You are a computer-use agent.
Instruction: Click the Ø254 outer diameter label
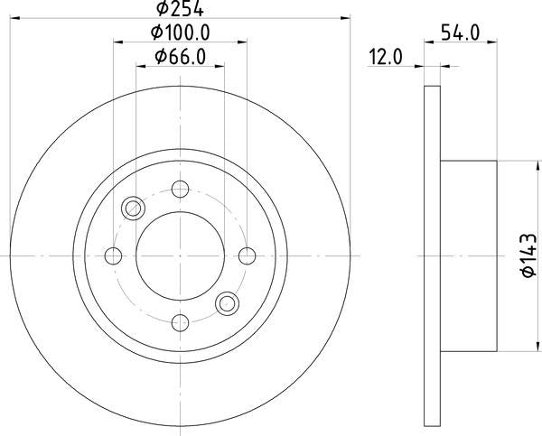point(179,10)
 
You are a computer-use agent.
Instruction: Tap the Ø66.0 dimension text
point(180,57)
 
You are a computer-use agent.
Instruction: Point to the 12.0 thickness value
point(385,57)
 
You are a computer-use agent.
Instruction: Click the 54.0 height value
point(461,33)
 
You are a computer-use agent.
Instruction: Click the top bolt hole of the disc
point(180,190)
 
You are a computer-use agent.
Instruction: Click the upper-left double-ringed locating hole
point(134,209)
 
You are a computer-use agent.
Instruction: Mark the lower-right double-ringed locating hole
point(226,303)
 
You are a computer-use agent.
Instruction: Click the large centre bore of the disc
point(180,255)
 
